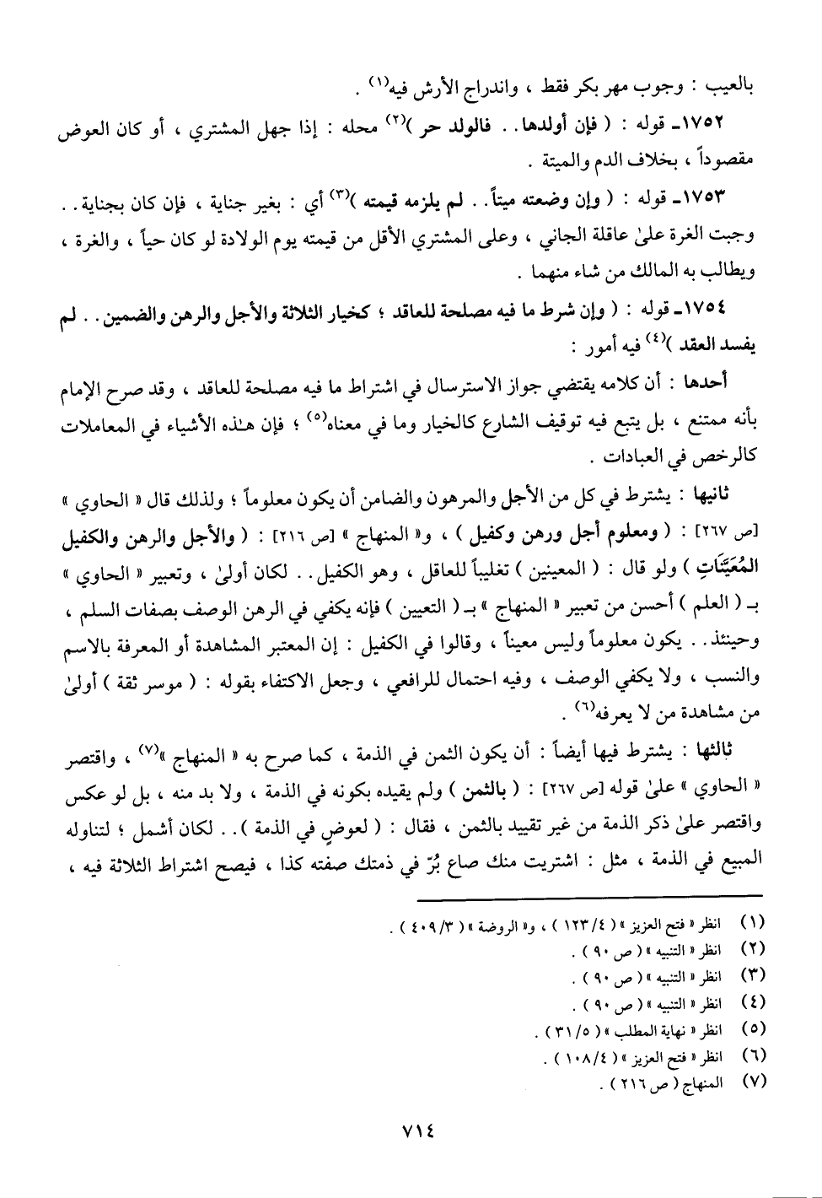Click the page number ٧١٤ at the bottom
click(411, 1132)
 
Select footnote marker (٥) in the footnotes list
click(751, 1030)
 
